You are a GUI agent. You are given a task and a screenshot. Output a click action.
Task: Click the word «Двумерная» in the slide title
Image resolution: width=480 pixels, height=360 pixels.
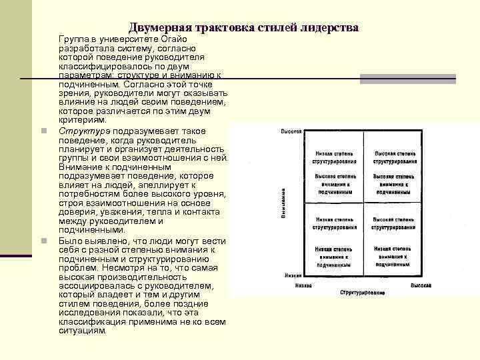tap(159, 27)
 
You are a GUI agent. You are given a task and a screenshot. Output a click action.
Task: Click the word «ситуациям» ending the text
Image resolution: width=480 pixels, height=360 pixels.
tap(82, 331)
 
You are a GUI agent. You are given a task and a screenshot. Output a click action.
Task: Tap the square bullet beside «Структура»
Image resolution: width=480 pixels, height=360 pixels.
tap(42, 131)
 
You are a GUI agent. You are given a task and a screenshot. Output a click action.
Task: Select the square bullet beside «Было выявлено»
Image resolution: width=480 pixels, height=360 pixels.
tap(42, 241)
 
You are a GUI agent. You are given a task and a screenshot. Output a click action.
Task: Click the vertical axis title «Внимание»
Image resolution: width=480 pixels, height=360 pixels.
tap(283, 203)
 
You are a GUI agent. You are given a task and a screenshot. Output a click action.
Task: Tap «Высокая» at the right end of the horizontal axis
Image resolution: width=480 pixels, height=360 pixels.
tap(421, 285)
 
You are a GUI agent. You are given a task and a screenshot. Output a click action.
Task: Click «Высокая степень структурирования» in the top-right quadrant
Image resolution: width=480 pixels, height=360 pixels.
tap(395, 157)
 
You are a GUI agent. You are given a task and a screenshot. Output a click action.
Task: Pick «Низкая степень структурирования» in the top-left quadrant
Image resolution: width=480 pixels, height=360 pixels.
tap(335, 157)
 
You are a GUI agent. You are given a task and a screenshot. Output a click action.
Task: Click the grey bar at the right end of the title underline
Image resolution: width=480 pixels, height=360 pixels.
tap(408, 79)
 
